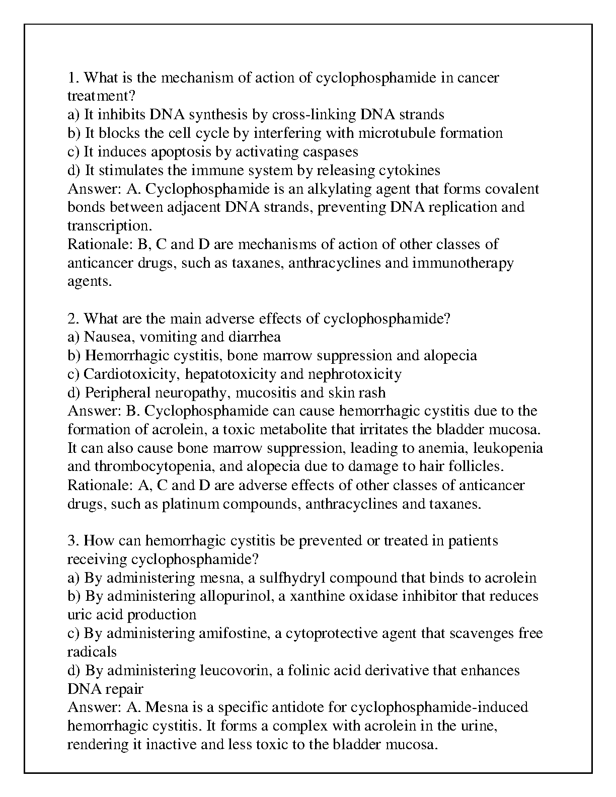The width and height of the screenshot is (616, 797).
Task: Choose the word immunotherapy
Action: point(463,263)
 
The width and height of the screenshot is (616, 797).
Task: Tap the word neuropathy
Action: point(192,393)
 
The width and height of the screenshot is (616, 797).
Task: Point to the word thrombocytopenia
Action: point(155,467)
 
